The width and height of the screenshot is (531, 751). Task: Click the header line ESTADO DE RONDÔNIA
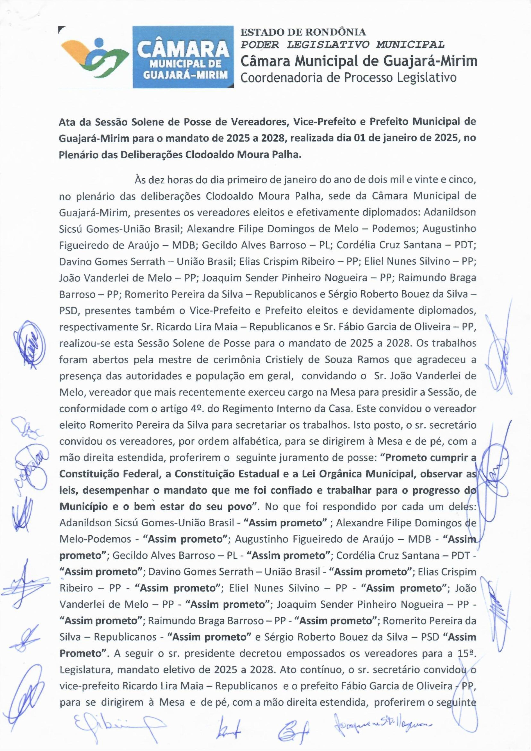click(303, 32)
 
